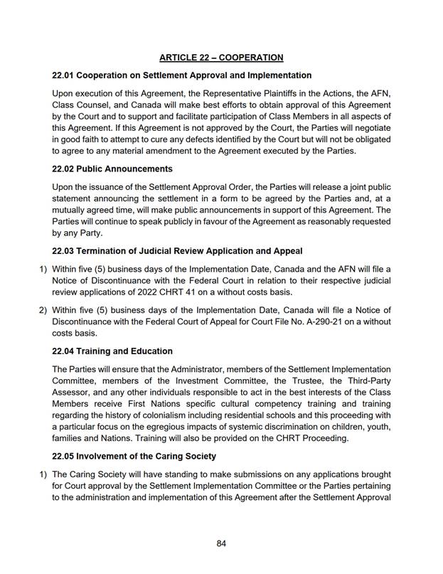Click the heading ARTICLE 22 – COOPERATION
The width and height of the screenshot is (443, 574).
221,57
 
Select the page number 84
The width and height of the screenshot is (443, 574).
221,544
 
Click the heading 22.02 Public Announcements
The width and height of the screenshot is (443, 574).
112,169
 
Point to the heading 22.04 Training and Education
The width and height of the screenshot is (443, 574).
112,351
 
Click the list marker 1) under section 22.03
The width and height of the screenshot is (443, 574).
42,269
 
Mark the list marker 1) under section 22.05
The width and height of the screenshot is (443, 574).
42,474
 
